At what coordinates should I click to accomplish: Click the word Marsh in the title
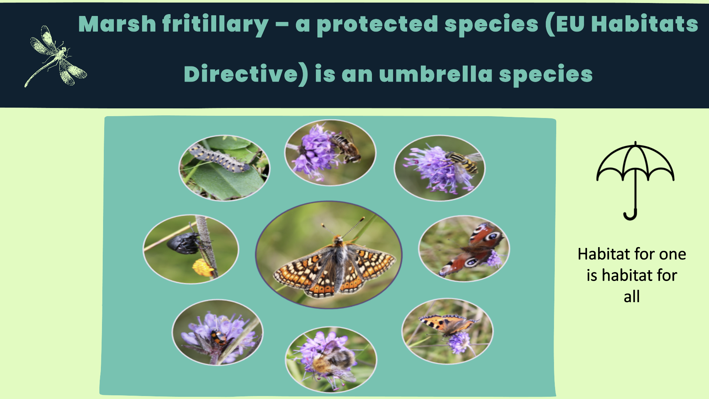(117, 24)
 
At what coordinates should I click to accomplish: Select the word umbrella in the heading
(436, 74)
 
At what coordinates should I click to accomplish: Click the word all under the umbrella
(631, 297)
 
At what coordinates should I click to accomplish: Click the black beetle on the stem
(184, 243)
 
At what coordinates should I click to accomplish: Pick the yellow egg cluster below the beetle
(202, 267)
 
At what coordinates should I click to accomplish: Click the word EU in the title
(569, 24)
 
